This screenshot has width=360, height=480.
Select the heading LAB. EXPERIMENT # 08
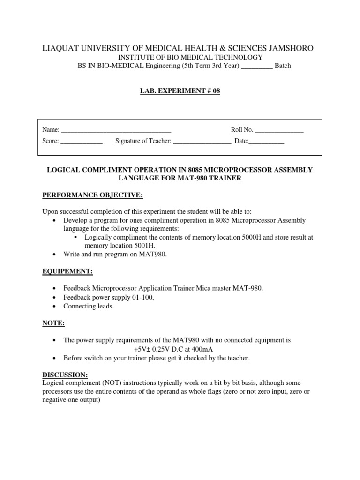180,91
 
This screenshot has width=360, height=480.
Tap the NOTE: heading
53,323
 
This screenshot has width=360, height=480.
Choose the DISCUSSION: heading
65,375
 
